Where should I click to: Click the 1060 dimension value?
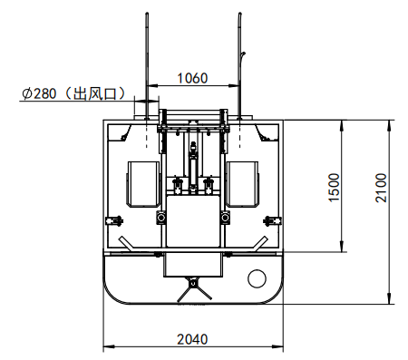192,78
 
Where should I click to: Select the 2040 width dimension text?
192,339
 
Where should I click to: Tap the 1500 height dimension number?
335,187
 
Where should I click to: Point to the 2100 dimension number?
381,188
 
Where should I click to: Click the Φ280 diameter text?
39,93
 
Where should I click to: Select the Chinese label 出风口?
95,93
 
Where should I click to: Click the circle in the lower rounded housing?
257,278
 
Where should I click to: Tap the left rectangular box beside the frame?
143,184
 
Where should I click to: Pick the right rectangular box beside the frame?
243,184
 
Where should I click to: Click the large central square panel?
193,221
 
